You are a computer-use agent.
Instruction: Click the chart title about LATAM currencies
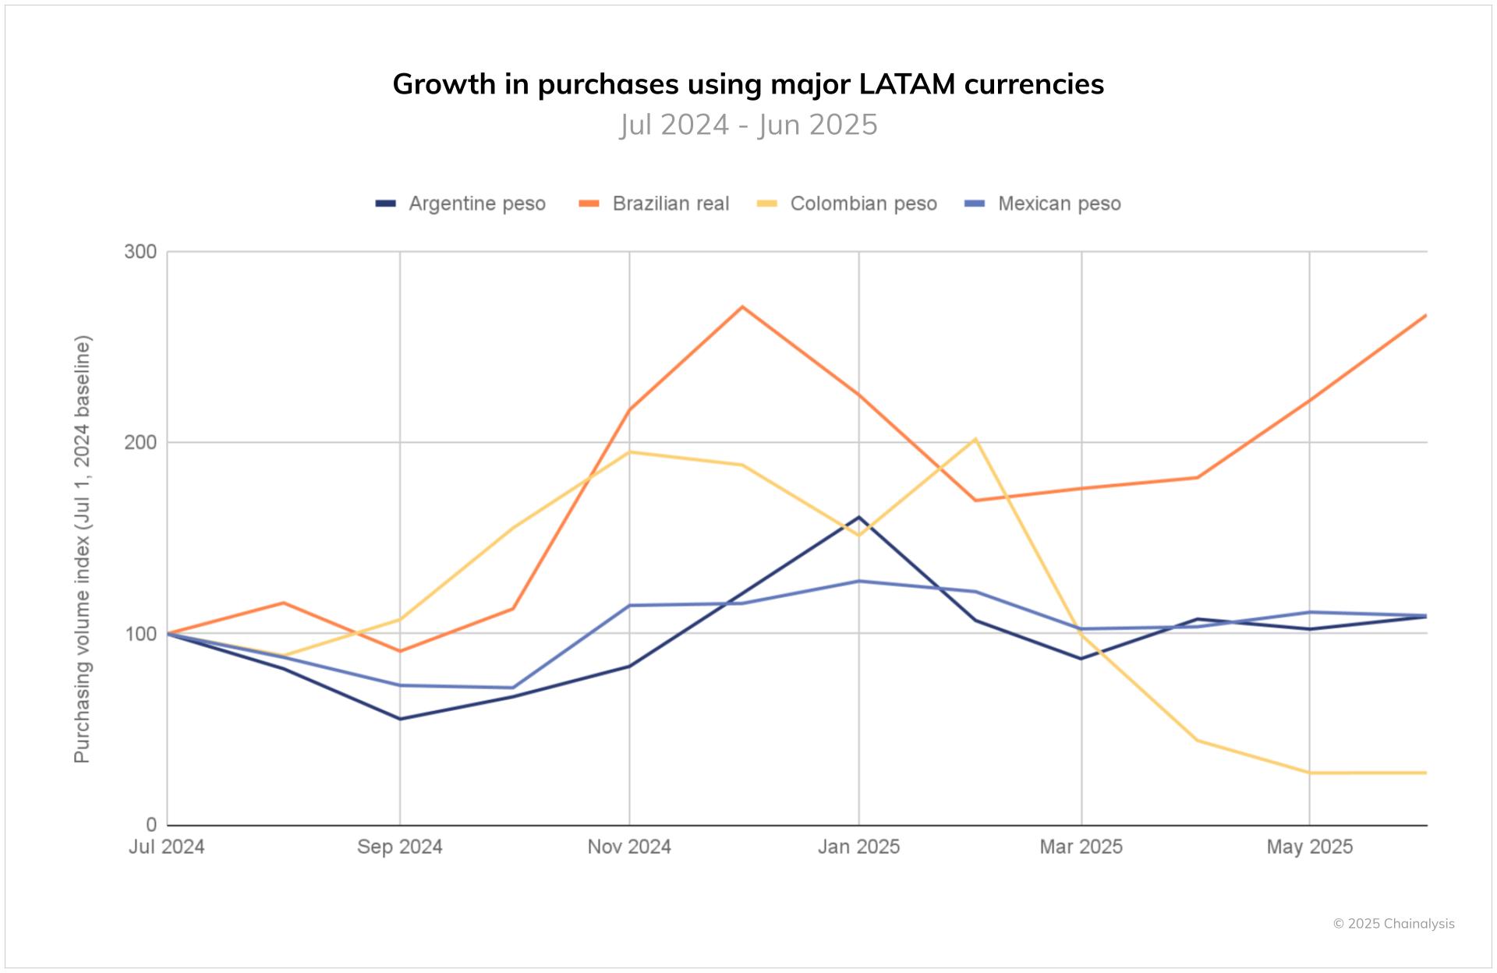click(748, 84)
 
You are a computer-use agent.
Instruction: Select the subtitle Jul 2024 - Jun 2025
click(748, 125)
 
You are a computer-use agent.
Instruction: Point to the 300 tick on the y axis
click(140, 252)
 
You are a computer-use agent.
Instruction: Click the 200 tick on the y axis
click(140, 442)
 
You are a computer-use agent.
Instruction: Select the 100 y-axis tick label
click(140, 633)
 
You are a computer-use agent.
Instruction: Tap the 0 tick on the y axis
click(150, 825)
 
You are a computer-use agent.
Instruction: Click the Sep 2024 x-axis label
click(400, 847)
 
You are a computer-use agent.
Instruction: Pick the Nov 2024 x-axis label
click(629, 847)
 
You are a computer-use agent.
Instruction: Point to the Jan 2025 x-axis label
click(858, 847)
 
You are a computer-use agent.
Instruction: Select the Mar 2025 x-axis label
click(1081, 847)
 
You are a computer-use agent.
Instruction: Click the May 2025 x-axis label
click(1309, 847)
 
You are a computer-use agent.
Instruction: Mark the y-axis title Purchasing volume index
click(83, 549)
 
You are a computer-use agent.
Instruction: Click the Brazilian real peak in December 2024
click(743, 306)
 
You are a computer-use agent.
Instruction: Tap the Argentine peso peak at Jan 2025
click(858, 517)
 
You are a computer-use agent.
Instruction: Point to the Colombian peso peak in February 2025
click(975, 439)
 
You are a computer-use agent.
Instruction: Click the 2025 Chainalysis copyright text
click(1393, 924)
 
